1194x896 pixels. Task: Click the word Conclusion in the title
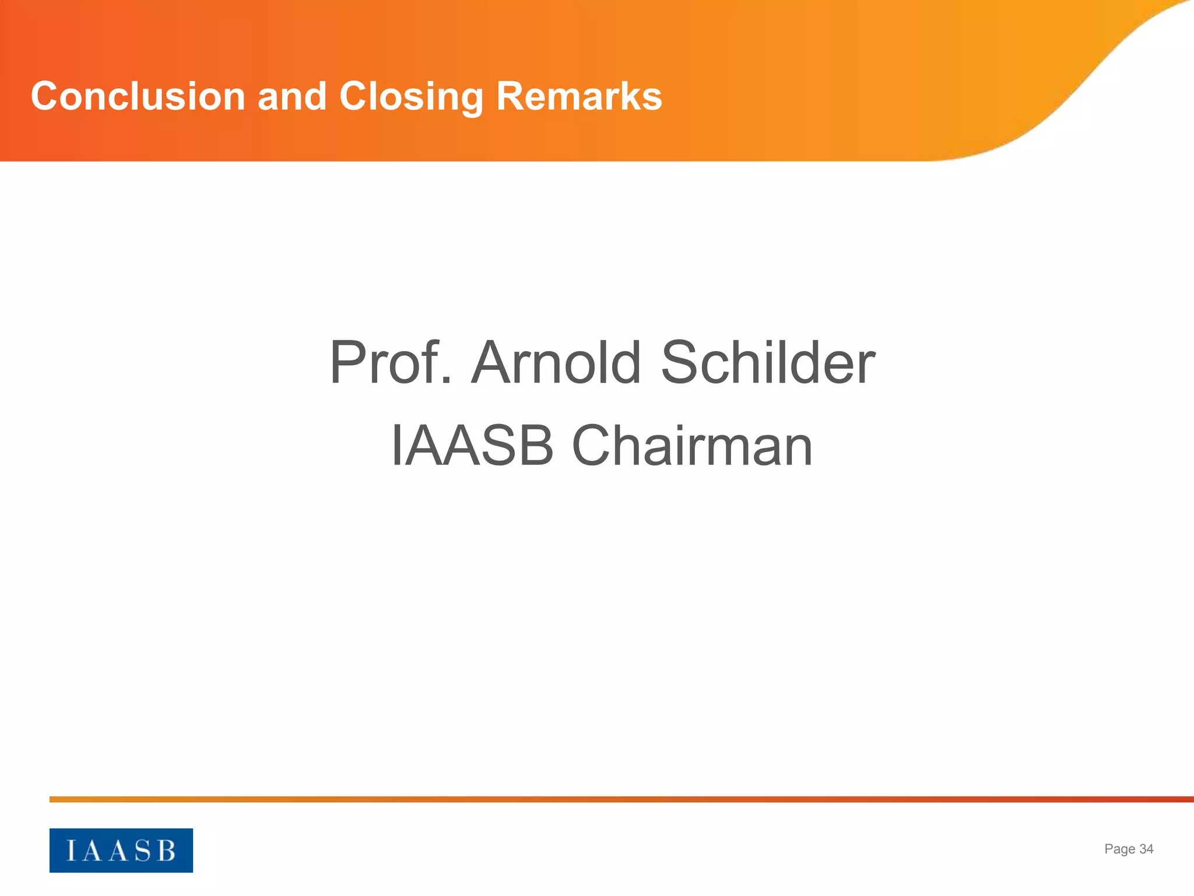[138, 96]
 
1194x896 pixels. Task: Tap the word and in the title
[292, 96]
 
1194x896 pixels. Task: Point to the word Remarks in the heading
[579, 96]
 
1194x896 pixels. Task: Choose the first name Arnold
[556, 363]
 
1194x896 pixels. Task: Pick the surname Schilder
[767, 363]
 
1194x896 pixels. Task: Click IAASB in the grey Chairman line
[472, 446]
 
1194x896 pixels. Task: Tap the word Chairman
[692, 446]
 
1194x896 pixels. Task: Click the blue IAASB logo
[121, 850]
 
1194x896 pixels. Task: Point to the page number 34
[1146, 849]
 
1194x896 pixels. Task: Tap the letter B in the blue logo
[167, 851]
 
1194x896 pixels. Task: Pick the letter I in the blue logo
[71, 851]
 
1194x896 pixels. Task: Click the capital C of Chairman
[592, 446]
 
